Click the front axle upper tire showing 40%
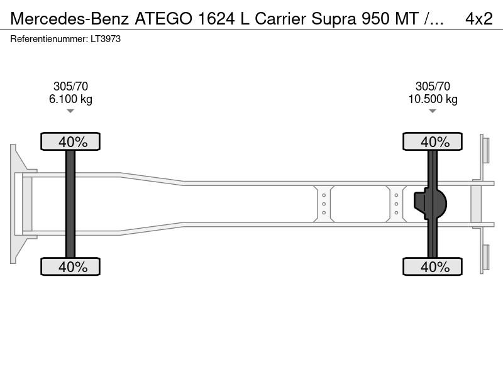[x=70, y=141]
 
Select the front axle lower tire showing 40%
[x=70, y=266]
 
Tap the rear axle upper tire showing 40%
[x=433, y=141]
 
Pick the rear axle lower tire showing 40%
[x=433, y=266]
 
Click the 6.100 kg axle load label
[x=70, y=99]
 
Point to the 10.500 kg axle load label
[x=433, y=99]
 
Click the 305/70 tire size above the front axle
[x=70, y=86]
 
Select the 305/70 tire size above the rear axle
[x=433, y=86]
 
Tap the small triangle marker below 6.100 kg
[x=70, y=111]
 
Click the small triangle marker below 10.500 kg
[x=433, y=111]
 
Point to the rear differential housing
[x=430, y=204]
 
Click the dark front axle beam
[x=70, y=204]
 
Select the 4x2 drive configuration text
[x=479, y=19]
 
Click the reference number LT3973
[x=106, y=39]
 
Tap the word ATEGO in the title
[x=163, y=19]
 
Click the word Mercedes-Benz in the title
[x=70, y=19]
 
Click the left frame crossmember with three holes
[x=324, y=204]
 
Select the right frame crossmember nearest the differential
[x=396, y=204]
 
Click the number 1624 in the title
[x=216, y=19]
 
